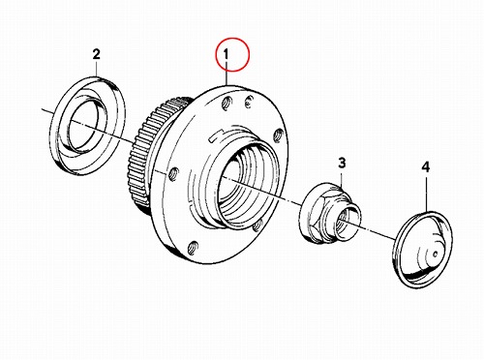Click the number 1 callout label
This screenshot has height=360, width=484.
pos(227,54)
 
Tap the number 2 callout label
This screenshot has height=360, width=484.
pos(97,54)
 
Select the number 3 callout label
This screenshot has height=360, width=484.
pos(342,163)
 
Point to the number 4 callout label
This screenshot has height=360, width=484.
pos(426,167)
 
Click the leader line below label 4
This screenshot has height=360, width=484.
pos(426,193)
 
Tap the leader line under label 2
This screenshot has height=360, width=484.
pos(97,69)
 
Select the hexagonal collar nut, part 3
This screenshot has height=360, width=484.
pos(330,213)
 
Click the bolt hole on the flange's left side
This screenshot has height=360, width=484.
pos(173,174)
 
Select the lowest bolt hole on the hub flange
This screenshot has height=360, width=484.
pos(193,248)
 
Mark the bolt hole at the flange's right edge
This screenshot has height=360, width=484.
pos(279,135)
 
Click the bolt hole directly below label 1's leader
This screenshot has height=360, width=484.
pos(227,104)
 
